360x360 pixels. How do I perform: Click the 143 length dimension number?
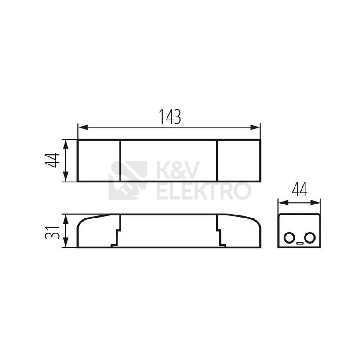170,116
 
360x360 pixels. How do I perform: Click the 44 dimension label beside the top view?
52,160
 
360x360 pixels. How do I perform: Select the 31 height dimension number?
52,233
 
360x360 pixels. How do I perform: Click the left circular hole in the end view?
289,237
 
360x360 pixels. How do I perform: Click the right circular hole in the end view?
310,237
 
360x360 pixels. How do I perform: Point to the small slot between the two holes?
300,243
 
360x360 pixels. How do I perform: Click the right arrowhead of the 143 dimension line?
255,127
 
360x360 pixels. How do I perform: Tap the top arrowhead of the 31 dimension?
65,219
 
